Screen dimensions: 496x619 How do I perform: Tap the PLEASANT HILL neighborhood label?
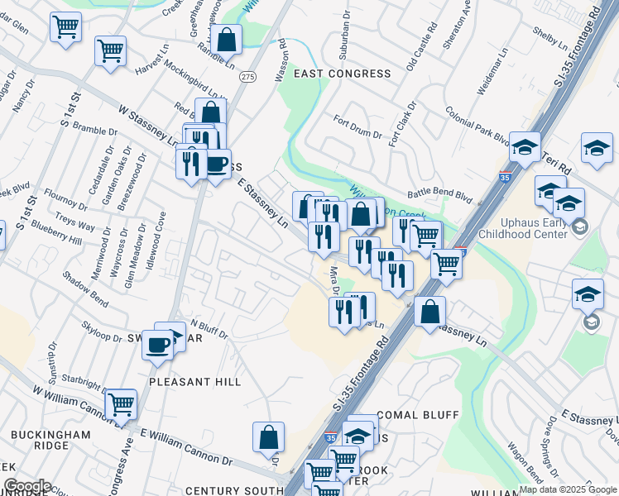click(194, 382)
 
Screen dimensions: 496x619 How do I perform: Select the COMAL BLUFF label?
click(412, 414)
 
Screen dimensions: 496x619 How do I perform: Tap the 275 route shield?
click(247, 76)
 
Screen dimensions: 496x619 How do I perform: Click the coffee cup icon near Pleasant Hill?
click(157, 346)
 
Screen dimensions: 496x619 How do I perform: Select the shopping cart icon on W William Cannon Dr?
click(121, 404)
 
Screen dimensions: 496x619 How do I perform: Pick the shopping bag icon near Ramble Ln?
click(226, 39)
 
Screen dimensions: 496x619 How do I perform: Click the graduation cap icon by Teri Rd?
click(525, 146)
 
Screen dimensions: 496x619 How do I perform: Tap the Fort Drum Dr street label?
click(357, 128)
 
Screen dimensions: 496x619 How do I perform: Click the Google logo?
click(26, 487)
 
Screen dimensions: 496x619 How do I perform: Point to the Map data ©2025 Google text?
click(567, 489)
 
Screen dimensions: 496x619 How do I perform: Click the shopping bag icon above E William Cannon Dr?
click(269, 437)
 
